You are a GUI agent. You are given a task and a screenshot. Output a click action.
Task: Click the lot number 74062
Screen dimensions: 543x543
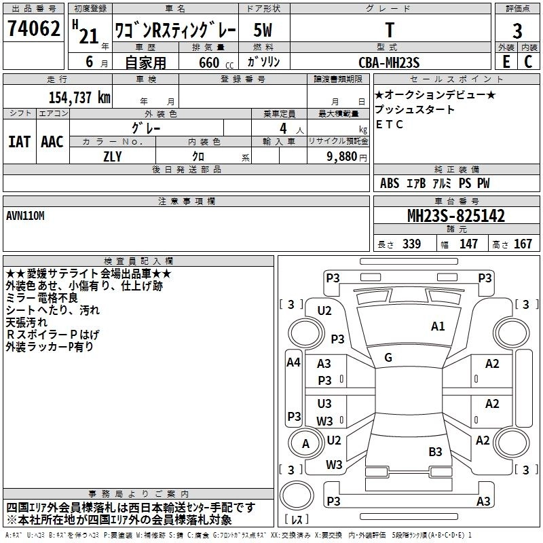(33, 29)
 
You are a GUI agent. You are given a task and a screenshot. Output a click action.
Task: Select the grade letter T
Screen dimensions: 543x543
(389, 30)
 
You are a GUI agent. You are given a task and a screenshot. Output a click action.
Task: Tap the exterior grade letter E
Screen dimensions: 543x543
(505, 62)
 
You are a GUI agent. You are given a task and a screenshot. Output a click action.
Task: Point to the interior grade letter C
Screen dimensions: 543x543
(528, 62)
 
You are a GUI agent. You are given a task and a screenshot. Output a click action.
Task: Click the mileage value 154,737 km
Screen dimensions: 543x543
(79, 96)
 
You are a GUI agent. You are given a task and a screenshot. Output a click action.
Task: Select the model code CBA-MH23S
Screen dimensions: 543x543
(389, 62)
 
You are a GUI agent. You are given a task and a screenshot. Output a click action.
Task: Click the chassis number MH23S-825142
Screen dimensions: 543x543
(455, 216)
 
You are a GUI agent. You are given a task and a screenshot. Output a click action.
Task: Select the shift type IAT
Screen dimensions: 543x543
(19, 142)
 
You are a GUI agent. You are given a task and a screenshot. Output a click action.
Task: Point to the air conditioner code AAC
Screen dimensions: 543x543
(52, 142)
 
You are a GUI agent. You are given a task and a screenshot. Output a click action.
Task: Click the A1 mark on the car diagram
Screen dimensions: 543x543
(438, 326)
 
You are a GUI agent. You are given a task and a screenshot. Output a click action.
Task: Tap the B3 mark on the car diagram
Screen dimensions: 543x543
(435, 451)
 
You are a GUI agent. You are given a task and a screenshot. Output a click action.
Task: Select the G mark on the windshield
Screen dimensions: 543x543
(388, 357)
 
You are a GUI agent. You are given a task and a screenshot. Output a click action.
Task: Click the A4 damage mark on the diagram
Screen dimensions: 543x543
(293, 362)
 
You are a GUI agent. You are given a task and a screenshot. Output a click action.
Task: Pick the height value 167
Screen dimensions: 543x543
(523, 244)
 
